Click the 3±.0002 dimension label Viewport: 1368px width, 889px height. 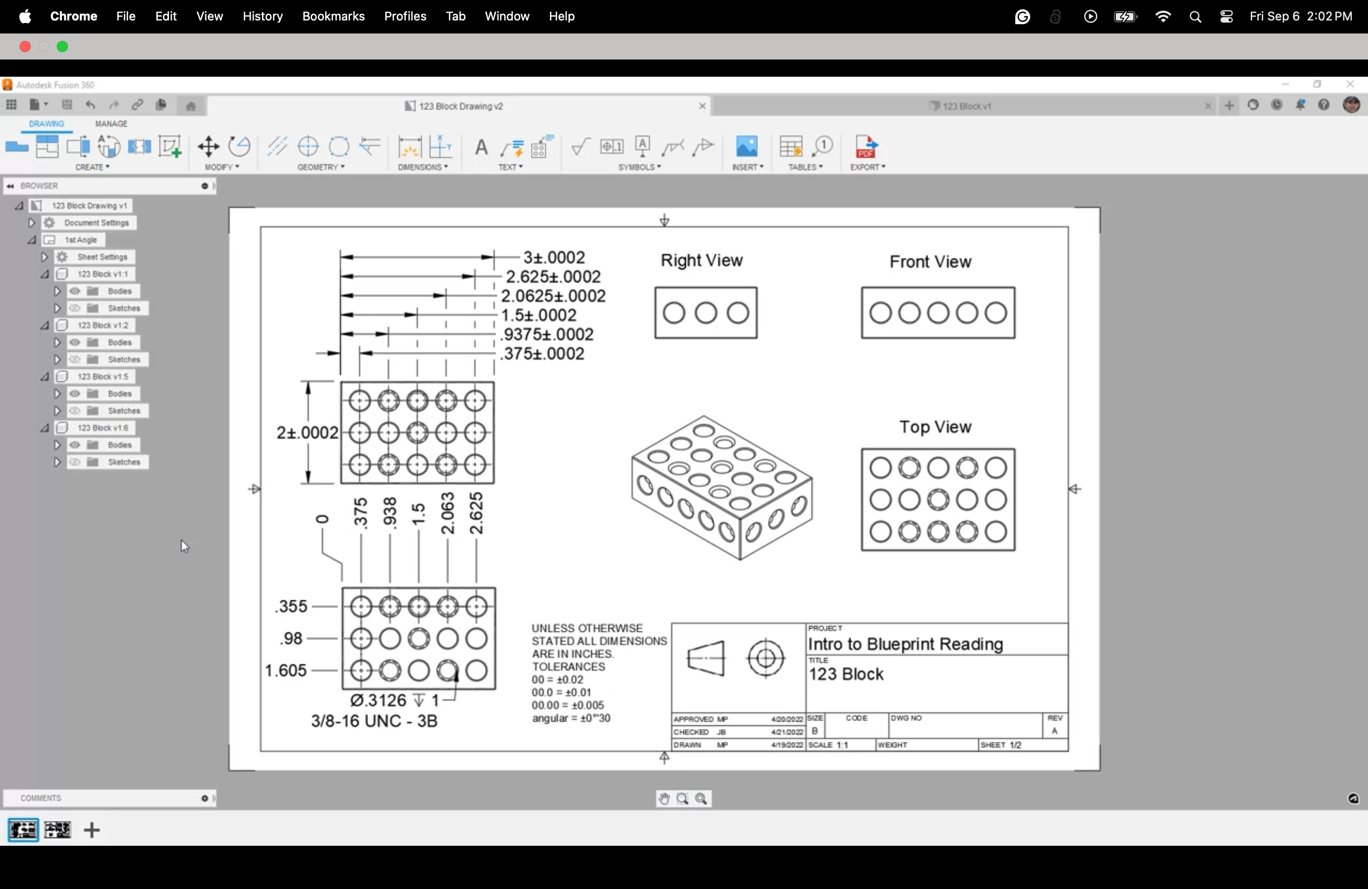click(x=554, y=257)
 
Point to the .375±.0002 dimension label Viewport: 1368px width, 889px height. click(x=543, y=354)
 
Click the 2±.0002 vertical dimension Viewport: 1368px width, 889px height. click(x=307, y=433)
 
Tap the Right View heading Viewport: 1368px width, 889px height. click(x=702, y=261)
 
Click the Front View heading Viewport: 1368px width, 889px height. click(x=930, y=262)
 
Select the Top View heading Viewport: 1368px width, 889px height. click(x=935, y=427)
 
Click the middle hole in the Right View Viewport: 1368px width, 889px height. click(x=706, y=313)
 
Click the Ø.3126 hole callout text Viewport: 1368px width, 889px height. click(x=394, y=701)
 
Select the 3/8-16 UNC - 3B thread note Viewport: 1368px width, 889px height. click(x=374, y=721)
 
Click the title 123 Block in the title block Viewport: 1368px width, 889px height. click(x=846, y=675)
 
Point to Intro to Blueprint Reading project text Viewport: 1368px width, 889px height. click(x=905, y=644)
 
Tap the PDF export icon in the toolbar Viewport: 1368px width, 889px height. click(x=866, y=147)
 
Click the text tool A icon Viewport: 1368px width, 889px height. click(x=481, y=147)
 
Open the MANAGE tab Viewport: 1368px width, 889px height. click(x=111, y=124)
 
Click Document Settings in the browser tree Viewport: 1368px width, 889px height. click(x=96, y=223)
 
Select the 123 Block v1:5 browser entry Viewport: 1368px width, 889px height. click(x=102, y=377)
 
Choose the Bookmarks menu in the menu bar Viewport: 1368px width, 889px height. click(x=333, y=17)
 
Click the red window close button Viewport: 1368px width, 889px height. click(x=25, y=47)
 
